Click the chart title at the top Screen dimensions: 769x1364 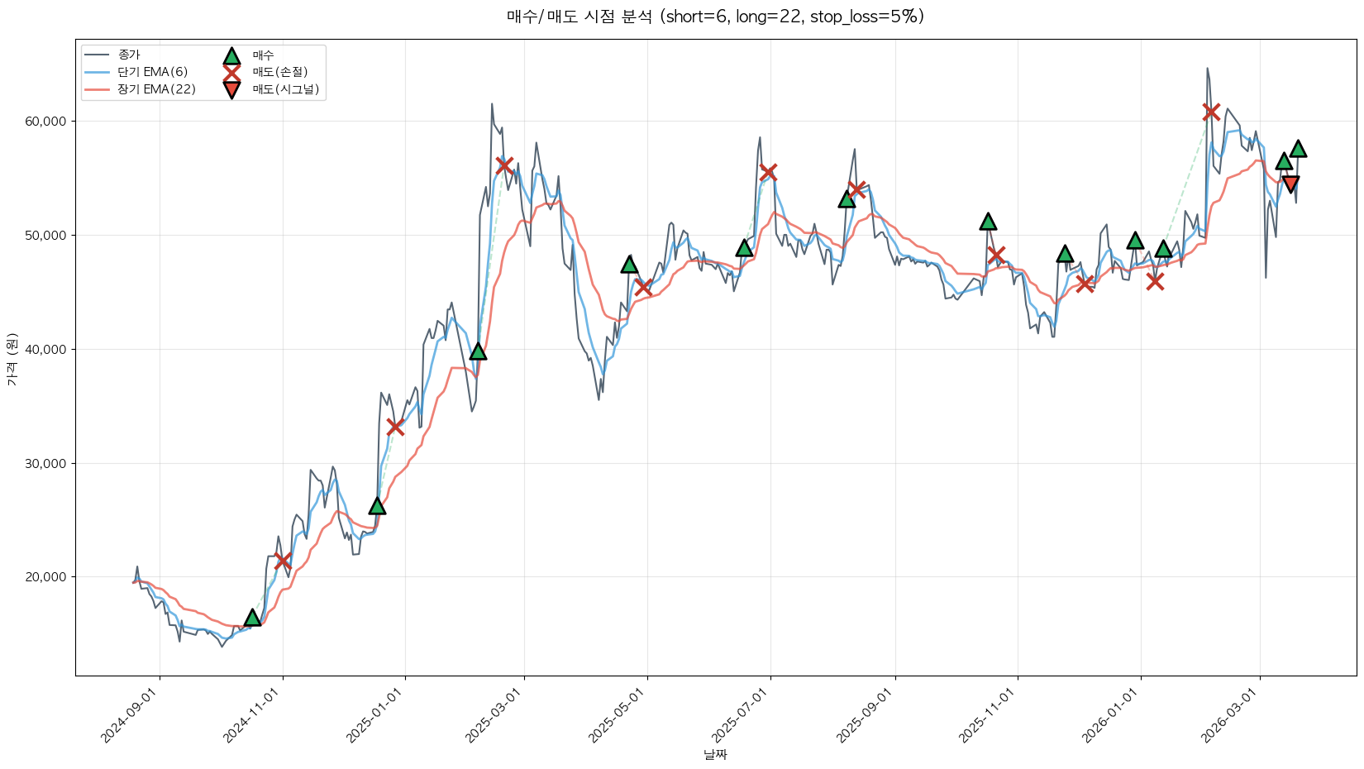[715, 17]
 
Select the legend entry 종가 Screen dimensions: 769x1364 [129, 55]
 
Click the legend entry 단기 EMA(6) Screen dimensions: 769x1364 [153, 73]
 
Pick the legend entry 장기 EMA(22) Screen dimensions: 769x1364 [156, 89]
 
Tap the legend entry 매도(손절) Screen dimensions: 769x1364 [279, 73]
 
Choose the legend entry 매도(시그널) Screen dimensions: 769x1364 [285, 89]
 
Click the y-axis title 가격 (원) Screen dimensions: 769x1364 [12, 360]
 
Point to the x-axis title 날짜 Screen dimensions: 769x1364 [715, 754]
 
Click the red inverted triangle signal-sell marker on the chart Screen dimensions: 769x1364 [1290, 184]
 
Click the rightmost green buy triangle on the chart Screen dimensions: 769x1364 [1298, 149]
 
